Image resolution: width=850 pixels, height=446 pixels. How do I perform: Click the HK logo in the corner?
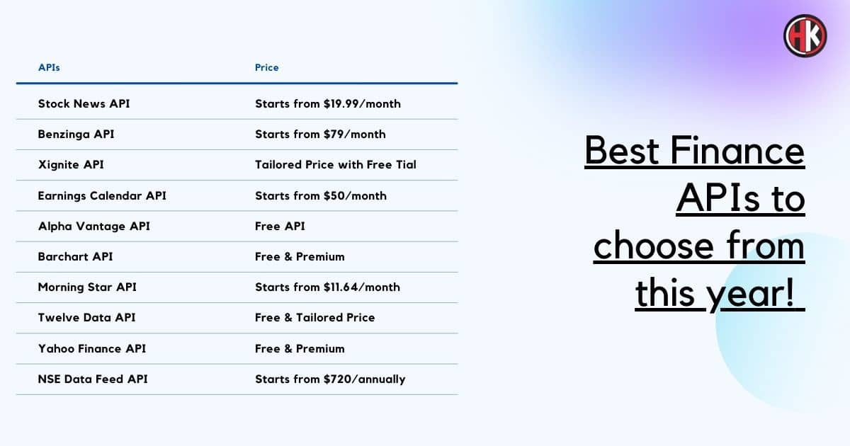(805, 36)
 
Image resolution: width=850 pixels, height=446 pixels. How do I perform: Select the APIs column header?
(49, 67)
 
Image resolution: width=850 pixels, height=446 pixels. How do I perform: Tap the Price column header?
(267, 67)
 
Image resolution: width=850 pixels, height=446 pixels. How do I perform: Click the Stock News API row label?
(84, 103)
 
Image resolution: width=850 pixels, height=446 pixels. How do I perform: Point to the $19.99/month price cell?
(328, 103)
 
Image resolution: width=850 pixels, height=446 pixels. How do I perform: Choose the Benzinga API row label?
(76, 135)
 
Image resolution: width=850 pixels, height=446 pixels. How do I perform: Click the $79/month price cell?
(320, 135)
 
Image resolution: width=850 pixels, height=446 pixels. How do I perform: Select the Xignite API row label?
(71, 164)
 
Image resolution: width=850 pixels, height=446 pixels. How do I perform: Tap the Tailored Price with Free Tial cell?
(336, 164)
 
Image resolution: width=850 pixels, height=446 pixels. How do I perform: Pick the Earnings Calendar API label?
(102, 195)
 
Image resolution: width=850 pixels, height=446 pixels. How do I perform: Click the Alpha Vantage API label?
(94, 226)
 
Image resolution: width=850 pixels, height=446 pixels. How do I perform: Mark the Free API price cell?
(280, 226)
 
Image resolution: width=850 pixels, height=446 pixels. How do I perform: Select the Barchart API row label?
(76, 257)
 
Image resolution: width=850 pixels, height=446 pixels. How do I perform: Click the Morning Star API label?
(87, 287)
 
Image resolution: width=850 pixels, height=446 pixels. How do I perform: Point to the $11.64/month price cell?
(327, 287)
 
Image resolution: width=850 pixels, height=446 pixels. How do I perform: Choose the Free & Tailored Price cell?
(315, 317)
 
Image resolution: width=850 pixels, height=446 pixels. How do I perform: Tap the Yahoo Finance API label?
(92, 348)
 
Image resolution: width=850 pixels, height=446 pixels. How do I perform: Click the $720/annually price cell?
(330, 379)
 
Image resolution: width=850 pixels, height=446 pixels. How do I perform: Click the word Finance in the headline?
(737, 151)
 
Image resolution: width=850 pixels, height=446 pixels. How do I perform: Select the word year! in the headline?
(750, 294)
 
